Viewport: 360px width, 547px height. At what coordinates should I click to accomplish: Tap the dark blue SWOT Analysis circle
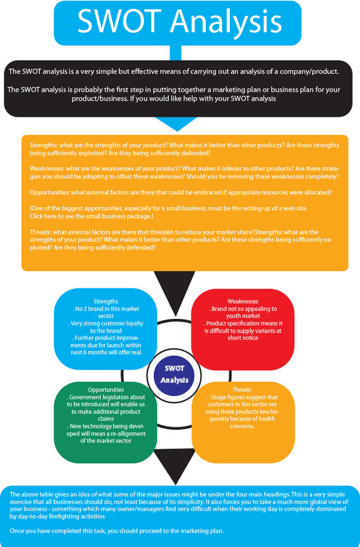click(175, 375)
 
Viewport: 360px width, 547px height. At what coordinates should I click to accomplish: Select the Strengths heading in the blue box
click(106, 301)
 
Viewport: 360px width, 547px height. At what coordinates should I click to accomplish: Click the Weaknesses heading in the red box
click(242, 301)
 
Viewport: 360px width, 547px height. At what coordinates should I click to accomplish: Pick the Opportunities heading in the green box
click(106, 389)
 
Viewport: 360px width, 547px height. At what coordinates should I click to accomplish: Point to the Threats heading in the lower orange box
click(242, 389)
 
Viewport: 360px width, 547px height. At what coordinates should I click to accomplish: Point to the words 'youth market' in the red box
click(243, 316)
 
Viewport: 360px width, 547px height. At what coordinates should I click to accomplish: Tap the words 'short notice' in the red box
click(243, 337)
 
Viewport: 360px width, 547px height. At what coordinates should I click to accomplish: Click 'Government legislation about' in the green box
click(106, 397)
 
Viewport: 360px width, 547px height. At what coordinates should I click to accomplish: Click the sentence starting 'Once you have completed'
click(117, 531)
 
